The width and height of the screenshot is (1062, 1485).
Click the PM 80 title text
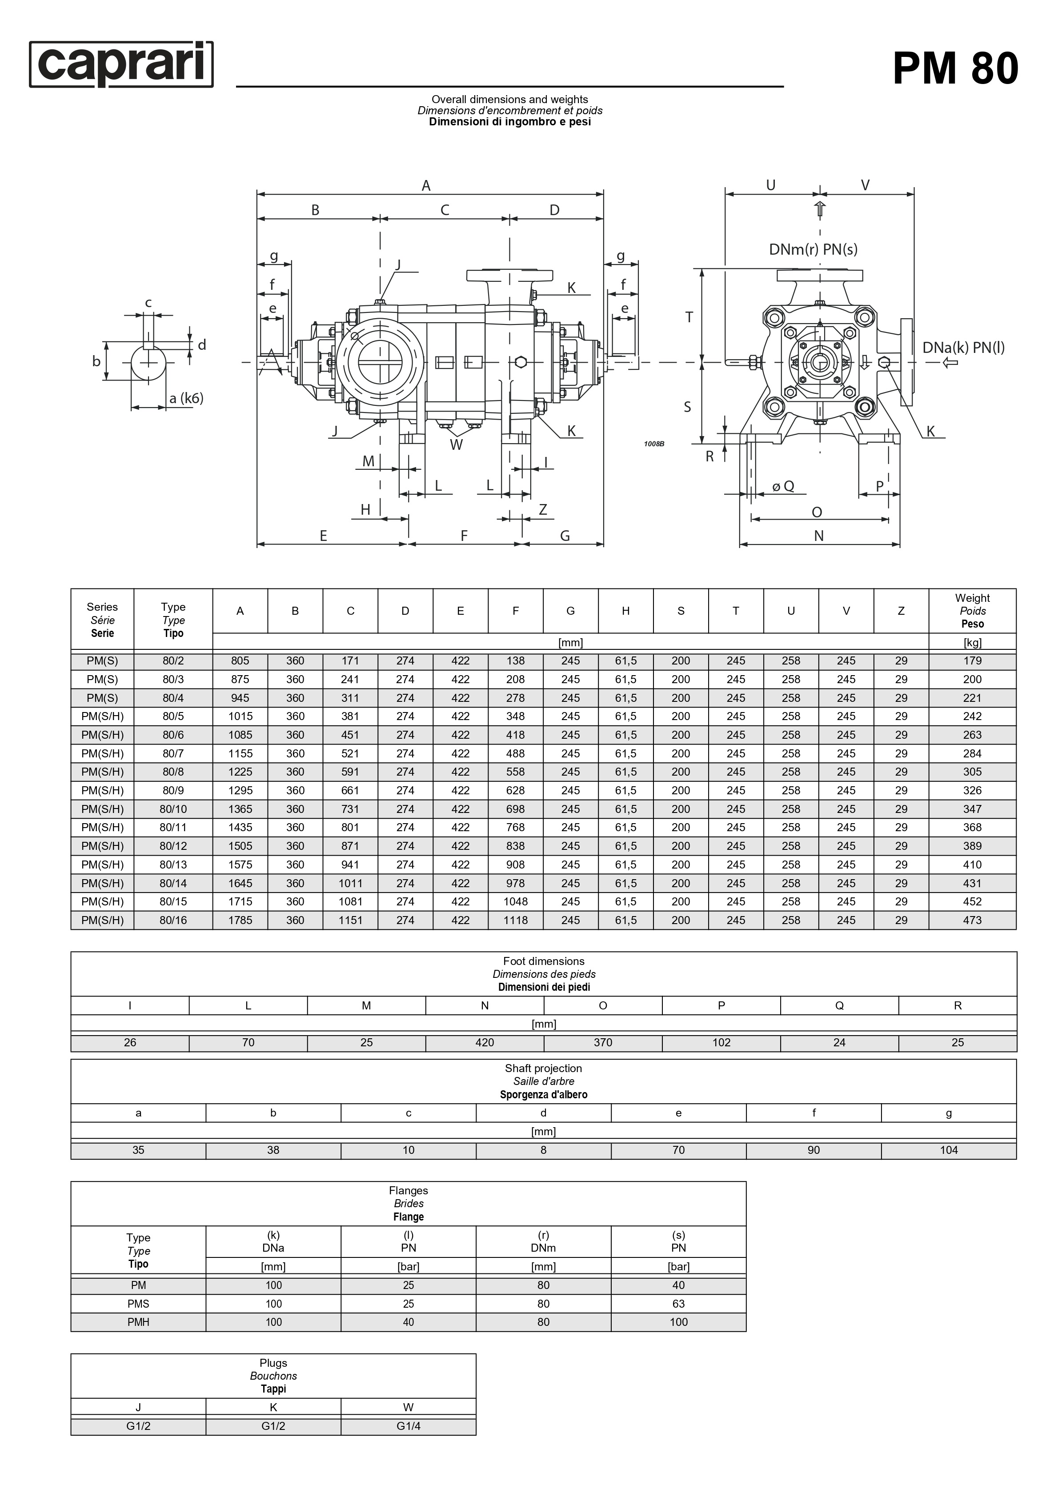(x=955, y=68)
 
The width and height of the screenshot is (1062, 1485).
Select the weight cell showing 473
(x=972, y=920)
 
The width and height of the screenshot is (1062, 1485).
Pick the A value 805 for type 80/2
(x=240, y=661)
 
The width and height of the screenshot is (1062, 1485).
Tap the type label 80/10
(x=173, y=809)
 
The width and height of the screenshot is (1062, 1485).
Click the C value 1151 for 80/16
(x=350, y=920)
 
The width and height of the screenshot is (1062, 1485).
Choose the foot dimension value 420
(x=485, y=1042)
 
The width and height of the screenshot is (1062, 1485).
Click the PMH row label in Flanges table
(x=139, y=1322)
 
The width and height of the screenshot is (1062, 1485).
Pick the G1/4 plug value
(x=408, y=1426)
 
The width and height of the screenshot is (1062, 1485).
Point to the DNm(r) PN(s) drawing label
(x=813, y=249)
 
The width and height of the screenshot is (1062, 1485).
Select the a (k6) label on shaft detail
(x=186, y=398)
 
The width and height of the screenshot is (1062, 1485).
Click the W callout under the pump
(x=456, y=444)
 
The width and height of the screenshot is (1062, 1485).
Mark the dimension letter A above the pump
(x=426, y=186)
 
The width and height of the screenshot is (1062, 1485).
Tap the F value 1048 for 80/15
(x=515, y=902)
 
